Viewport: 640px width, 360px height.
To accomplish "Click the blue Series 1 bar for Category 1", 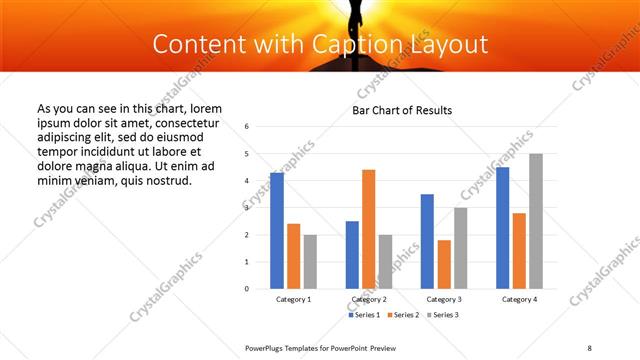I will (277, 231).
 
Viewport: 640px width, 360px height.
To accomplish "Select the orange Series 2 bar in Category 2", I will (368, 229).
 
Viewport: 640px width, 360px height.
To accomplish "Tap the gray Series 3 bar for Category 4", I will (536, 221).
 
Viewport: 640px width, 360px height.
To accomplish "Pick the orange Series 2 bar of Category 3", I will (444, 264).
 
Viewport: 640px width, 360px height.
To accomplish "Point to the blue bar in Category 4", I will (502, 228).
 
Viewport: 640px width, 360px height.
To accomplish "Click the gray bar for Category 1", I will (310, 262).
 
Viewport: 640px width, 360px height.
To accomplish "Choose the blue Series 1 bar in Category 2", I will (352, 255).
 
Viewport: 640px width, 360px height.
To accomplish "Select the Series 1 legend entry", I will (365, 315).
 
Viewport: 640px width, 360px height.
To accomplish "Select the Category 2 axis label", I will (368, 299).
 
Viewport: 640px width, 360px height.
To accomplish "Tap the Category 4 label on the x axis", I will (519, 299).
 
